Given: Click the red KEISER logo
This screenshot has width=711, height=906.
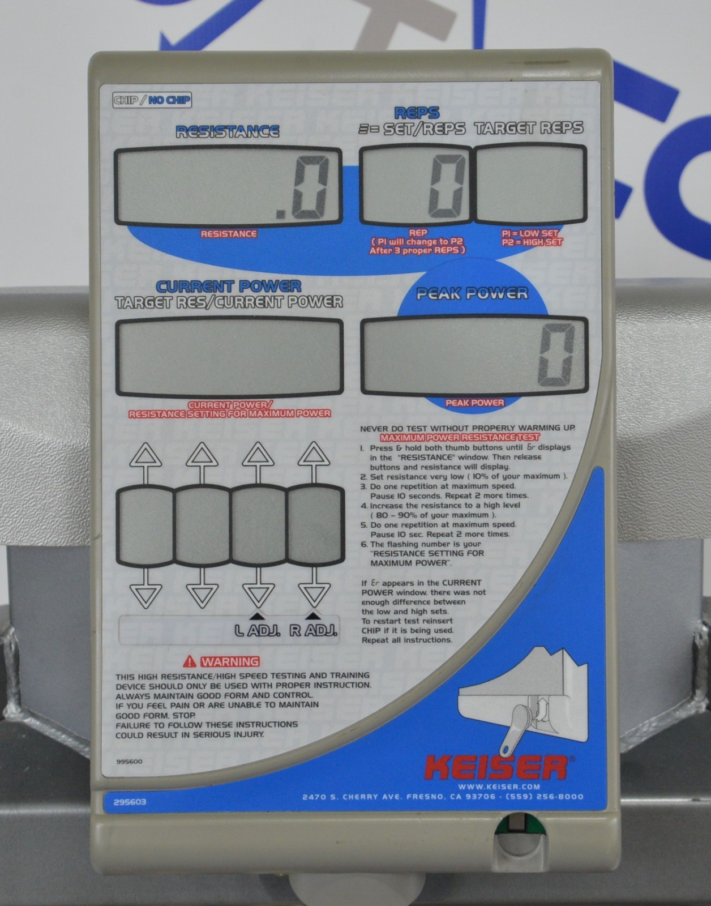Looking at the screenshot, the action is point(496,768).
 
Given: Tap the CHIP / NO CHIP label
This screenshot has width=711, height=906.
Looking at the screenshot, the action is point(152,100).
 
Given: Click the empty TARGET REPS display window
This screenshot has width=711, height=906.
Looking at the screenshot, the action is point(530,184).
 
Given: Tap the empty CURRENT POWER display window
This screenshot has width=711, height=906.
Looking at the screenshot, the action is point(229,356).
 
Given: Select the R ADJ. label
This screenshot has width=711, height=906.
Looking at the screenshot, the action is point(314,630).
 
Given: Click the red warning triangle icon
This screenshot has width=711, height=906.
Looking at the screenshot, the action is point(190,661).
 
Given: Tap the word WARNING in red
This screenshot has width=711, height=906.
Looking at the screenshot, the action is point(230,662).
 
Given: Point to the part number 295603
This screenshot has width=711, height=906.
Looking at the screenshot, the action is point(130,802).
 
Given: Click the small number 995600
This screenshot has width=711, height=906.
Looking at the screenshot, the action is point(129,762).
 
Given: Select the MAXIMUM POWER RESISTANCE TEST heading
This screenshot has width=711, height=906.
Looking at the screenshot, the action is point(460,437).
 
